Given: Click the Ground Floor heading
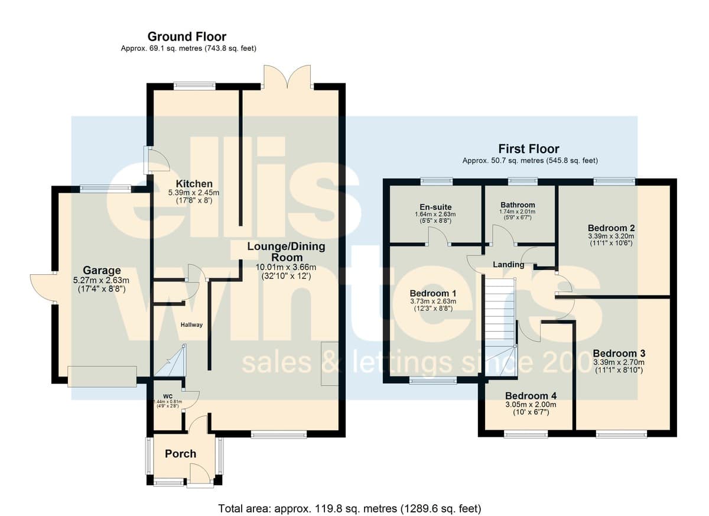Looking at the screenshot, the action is coord(187,37).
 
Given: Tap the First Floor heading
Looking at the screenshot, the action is coord(529,149).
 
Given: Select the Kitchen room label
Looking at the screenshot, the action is coord(194,184).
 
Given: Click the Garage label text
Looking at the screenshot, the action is coord(102,270).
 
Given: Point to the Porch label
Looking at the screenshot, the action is coord(180,453).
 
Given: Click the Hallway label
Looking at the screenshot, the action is coord(191,324).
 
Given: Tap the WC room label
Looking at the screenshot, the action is coord(168,397).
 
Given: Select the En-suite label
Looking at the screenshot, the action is coord(435,207).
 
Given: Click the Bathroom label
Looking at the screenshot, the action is coord(518,205).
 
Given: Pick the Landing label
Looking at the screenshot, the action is coord(508,264).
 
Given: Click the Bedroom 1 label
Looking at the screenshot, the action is coord(433,293).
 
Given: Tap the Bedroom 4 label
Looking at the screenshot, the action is coord(531,395).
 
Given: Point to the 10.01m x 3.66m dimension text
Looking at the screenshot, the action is coord(286,267).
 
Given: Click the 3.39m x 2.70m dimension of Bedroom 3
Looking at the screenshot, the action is coord(619,362).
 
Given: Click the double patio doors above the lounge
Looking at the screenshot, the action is coord(287,77).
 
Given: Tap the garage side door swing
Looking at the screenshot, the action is coord(43,288).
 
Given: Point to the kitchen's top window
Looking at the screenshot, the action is coord(194,85).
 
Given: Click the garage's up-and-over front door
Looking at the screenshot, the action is coord(102,377).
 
